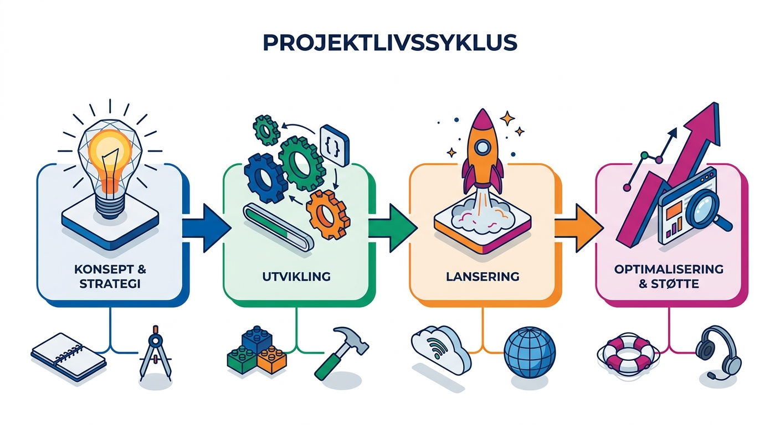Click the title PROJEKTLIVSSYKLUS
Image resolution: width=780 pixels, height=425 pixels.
pyautogui.click(x=389, y=43)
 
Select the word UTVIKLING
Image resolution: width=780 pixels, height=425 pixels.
pyautogui.click(x=296, y=277)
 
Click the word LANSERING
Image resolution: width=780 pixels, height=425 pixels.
pyautogui.click(x=483, y=277)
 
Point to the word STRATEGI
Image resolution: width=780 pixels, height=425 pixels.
pyautogui.click(x=110, y=284)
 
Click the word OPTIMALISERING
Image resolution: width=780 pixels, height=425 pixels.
pyautogui.click(x=669, y=269)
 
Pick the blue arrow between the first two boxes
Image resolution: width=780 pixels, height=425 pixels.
pyautogui.click(x=207, y=228)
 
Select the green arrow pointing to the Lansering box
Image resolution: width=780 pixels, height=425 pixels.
pyautogui.click(x=393, y=228)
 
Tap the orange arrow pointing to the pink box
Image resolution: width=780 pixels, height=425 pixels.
pyautogui.click(x=579, y=228)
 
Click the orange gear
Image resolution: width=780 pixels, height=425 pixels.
pyautogui.click(x=327, y=215)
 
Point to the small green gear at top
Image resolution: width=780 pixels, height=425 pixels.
pyautogui.click(x=266, y=129)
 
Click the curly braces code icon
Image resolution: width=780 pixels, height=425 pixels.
pyautogui.click(x=334, y=146)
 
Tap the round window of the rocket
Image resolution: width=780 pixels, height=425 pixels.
pyautogui.click(x=483, y=147)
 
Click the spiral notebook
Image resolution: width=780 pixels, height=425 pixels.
pyautogui.click(x=68, y=357)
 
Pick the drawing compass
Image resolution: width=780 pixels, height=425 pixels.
pyautogui.click(x=155, y=353)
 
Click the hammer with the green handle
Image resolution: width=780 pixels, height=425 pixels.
pyautogui.click(x=342, y=352)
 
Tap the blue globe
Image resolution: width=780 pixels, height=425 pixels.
pyautogui.click(x=530, y=353)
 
